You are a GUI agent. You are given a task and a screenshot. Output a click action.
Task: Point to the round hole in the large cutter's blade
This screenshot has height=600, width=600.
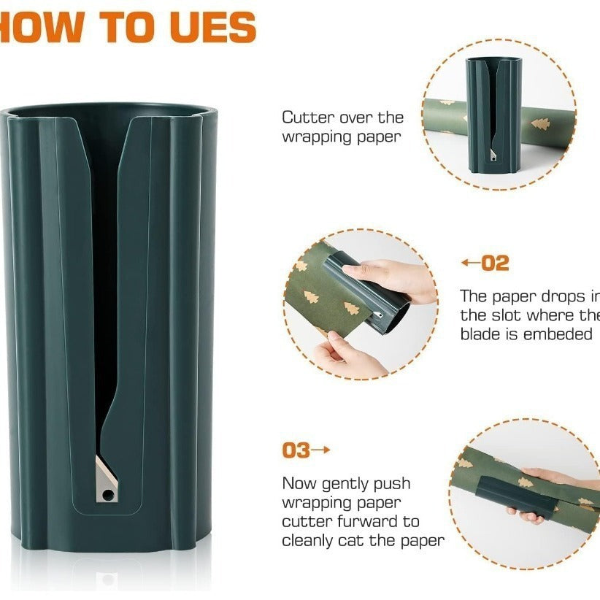pyautogui.click(x=108, y=495)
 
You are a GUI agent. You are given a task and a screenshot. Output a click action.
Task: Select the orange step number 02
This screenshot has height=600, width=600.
pyautogui.click(x=496, y=264)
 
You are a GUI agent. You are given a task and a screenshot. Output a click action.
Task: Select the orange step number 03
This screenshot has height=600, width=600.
pyautogui.click(x=296, y=450)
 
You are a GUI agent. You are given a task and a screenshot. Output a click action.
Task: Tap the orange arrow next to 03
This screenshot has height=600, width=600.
pyautogui.click(x=321, y=450)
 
